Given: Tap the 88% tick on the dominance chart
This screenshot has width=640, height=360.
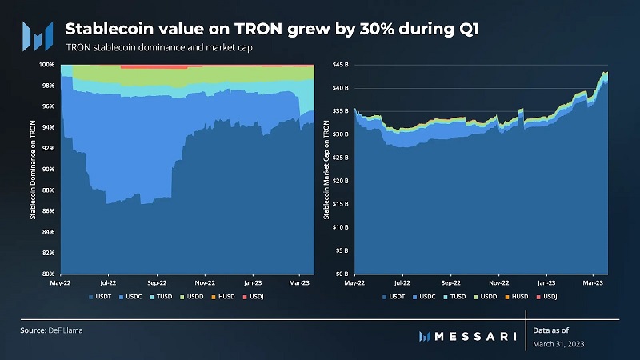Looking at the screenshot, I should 48,190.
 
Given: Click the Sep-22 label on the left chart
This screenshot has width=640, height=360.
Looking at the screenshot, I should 156,282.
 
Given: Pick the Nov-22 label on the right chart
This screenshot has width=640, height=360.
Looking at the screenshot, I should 499,282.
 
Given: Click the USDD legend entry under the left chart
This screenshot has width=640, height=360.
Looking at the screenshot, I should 196,296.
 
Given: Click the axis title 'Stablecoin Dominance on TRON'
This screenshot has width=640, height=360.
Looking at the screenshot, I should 33,169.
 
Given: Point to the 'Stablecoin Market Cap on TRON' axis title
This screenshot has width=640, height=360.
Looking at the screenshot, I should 326,169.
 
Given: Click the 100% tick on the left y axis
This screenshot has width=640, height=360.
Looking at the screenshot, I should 47,64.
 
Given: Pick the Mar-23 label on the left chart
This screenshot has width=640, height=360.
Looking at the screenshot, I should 300,282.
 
